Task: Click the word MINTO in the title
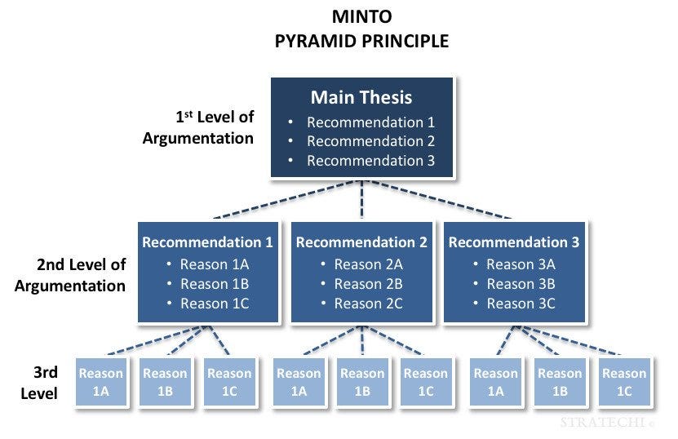(x=361, y=16)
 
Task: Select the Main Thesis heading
(x=361, y=97)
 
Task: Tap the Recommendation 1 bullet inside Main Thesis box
(x=370, y=122)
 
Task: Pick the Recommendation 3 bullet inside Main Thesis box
(x=370, y=161)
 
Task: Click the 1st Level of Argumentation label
(x=198, y=127)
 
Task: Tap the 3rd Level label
(x=40, y=383)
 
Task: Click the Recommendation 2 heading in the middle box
(x=361, y=242)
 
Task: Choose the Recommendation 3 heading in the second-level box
(x=514, y=242)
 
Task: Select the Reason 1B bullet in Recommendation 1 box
(x=214, y=284)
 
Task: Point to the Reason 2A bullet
(x=368, y=264)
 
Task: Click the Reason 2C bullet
(x=368, y=304)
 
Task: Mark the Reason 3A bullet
(x=521, y=264)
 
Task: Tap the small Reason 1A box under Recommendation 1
(x=100, y=382)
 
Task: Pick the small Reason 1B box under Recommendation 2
(x=362, y=382)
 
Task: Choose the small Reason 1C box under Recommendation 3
(x=624, y=382)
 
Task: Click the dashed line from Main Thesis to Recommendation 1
(x=286, y=200)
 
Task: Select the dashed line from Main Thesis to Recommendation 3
(x=441, y=201)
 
